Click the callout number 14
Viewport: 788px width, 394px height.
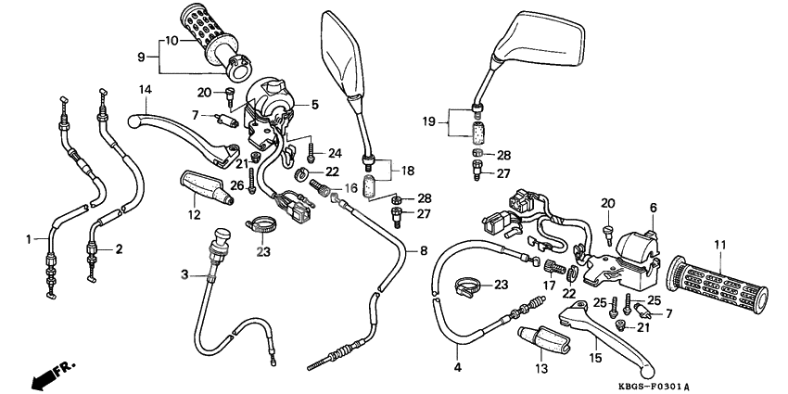pyautogui.click(x=145, y=89)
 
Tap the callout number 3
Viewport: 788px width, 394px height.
pyautogui.click(x=184, y=275)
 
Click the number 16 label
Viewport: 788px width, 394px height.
pyautogui.click(x=350, y=188)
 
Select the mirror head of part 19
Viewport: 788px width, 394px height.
pyautogui.click(x=540, y=42)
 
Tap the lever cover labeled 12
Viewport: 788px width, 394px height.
pyautogui.click(x=201, y=188)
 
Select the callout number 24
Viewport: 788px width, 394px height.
pyautogui.click(x=335, y=153)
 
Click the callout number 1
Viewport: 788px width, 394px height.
pyautogui.click(x=29, y=239)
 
